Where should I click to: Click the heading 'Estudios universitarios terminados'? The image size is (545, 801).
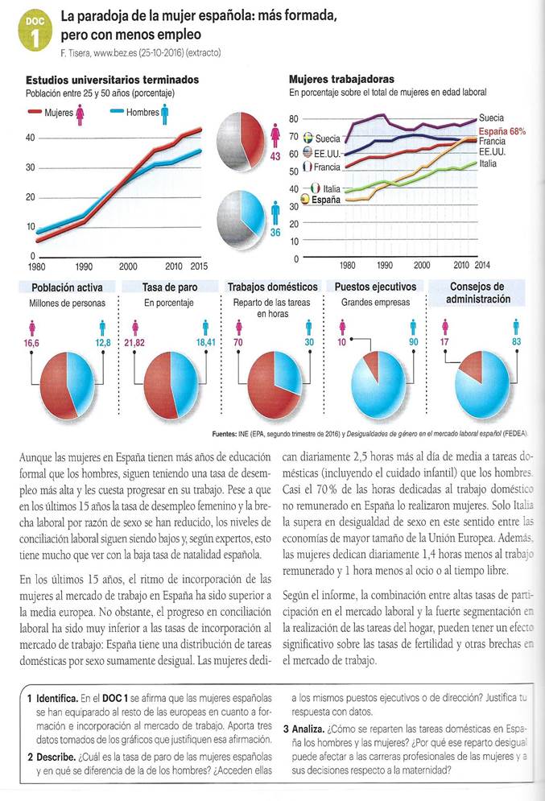click(112, 80)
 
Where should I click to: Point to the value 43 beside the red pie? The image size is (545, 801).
click(275, 155)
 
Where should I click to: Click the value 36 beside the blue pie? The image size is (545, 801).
click(275, 233)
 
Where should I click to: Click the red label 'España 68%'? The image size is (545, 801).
click(502, 130)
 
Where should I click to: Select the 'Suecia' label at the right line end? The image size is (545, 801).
click(491, 118)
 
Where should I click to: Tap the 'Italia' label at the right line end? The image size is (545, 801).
click(489, 163)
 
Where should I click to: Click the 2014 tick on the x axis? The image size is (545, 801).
click(482, 264)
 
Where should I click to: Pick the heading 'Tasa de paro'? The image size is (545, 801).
click(170, 287)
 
